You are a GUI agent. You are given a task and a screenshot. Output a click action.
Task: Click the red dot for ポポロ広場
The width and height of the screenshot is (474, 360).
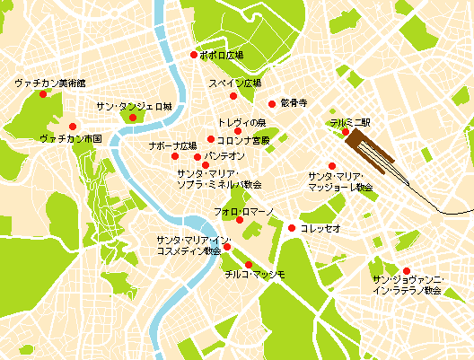pyautogui.click(x=193, y=56)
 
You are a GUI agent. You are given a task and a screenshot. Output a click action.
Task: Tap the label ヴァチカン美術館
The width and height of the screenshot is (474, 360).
pyautogui.click(x=49, y=83)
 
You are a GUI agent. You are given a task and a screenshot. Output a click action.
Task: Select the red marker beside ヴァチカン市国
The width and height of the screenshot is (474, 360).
pyautogui.click(x=73, y=126)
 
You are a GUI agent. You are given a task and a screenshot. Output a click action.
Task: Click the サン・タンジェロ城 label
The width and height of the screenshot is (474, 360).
pyautogui.click(x=134, y=106)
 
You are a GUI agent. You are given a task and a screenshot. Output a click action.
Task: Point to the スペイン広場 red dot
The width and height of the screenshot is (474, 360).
pyautogui.click(x=233, y=96)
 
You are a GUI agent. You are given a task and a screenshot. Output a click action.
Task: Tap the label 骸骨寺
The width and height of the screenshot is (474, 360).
pyautogui.click(x=294, y=102)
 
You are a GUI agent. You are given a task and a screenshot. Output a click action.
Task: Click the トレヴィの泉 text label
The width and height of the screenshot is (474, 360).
pyautogui.click(x=241, y=121)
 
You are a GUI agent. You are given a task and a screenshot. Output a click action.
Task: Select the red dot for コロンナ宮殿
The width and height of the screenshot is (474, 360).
pyautogui.click(x=210, y=139)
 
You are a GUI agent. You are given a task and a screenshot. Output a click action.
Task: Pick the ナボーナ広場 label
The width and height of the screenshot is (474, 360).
pyautogui.click(x=172, y=145)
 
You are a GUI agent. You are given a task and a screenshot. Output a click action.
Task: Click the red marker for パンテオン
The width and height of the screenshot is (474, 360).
pyautogui.click(x=197, y=157)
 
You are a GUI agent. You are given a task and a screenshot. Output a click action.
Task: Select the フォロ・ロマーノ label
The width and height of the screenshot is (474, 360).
pyautogui.click(x=243, y=210)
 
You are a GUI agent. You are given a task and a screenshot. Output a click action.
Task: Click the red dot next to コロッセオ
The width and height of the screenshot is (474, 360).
pyautogui.click(x=291, y=228)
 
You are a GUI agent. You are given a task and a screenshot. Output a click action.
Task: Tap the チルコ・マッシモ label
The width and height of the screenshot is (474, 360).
pyautogui.click(x=256, y=274)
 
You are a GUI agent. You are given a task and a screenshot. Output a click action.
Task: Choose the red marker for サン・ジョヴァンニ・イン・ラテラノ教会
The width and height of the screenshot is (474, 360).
pyautogui.click(x=406, y=270)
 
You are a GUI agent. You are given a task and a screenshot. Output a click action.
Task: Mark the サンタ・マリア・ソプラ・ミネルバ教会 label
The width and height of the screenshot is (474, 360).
pyautogui.click(x=218, y=178)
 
